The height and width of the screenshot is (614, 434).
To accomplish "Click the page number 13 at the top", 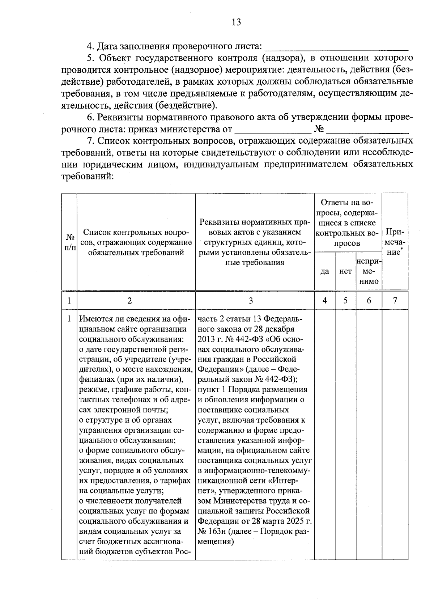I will click(236, 22).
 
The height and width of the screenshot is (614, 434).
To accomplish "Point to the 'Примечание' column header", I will click(395, 242).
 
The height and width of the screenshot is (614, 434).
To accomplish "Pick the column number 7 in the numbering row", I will click(395, 301).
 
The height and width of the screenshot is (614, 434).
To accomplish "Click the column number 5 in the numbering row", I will click(345, 301).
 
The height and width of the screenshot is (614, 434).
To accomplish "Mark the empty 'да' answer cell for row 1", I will click(325, 434).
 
